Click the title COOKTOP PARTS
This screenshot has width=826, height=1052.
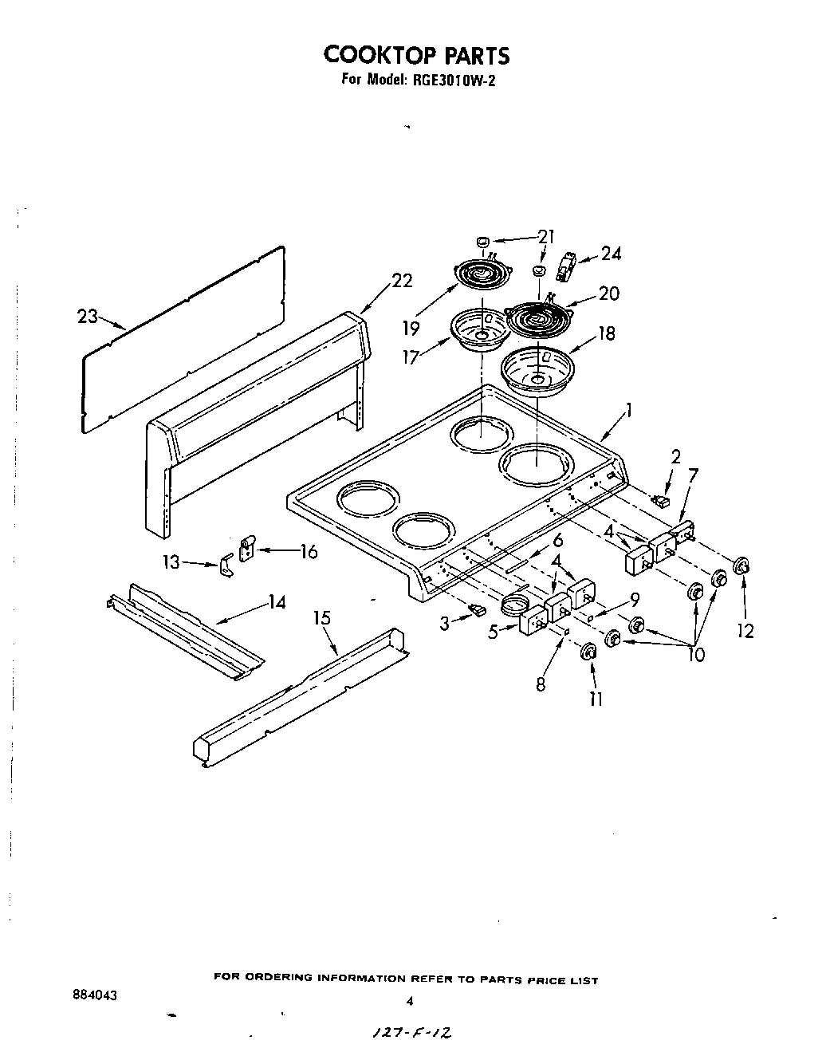[415, 55]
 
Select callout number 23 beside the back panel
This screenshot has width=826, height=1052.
[87, 317]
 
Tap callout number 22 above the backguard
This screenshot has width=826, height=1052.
[403, 280]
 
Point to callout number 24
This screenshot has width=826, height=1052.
[612, 254]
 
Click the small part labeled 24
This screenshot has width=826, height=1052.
[568, 266]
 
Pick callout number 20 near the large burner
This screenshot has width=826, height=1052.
[608, 294]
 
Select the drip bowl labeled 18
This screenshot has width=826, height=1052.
[539, 370]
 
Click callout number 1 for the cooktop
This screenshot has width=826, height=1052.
[629, 411]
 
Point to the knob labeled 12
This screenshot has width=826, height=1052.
[741, 566]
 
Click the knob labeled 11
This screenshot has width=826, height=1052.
[589, 652]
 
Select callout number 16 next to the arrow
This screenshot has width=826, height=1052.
[308, 551]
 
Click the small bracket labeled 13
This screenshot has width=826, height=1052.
[226, 567]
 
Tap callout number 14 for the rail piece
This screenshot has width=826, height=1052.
[277, 602]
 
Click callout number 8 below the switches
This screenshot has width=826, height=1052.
[541, 684]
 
